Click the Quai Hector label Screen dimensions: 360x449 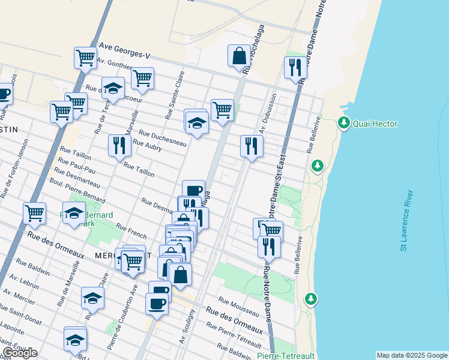[375, 124]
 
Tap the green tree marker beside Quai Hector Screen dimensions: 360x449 [343, 124]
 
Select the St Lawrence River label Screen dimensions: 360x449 [407, 220]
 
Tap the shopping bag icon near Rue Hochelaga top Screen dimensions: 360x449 [239, 56]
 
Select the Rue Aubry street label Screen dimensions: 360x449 [147, 146]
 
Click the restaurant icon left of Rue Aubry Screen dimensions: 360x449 [119, 145]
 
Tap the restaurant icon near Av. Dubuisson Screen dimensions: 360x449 [252, 146]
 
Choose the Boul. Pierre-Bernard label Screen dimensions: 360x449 [76, 189]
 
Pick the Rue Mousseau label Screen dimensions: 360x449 [238, 307]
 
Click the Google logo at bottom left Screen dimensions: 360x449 [20, 353]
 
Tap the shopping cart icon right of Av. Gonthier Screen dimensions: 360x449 [142, 77]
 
